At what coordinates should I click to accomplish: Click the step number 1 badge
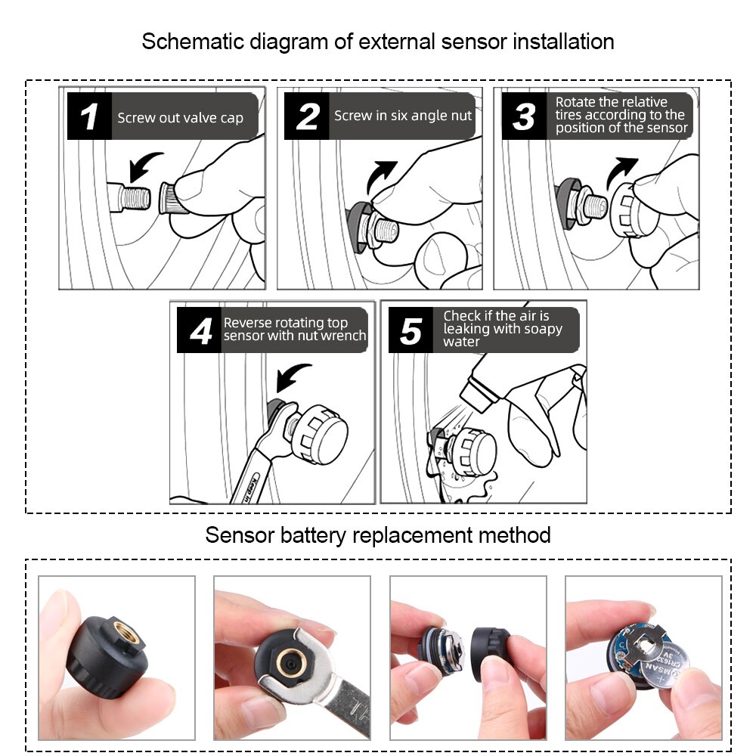[89, 116]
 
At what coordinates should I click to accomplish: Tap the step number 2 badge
[307, 116]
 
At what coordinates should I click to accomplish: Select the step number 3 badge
[523, 116]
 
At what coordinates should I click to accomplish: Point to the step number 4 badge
[200, 330]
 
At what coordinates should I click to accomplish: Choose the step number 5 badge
[411, 330]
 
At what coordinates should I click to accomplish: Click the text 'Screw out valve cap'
[180, 118]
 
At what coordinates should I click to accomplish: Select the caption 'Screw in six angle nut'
[403, 116]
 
